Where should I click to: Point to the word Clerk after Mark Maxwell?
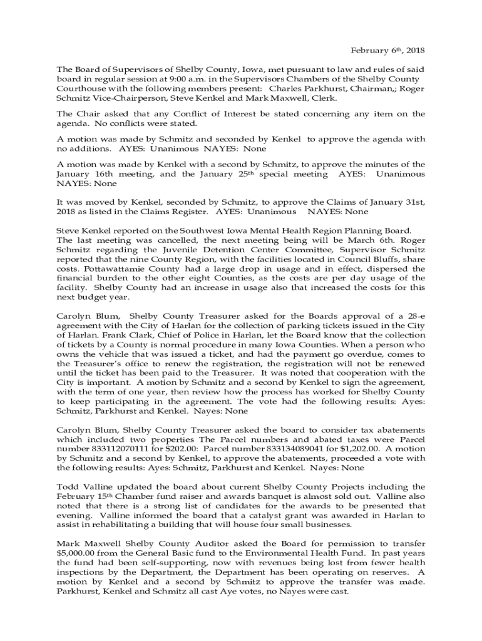325,98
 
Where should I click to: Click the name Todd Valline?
81,486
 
